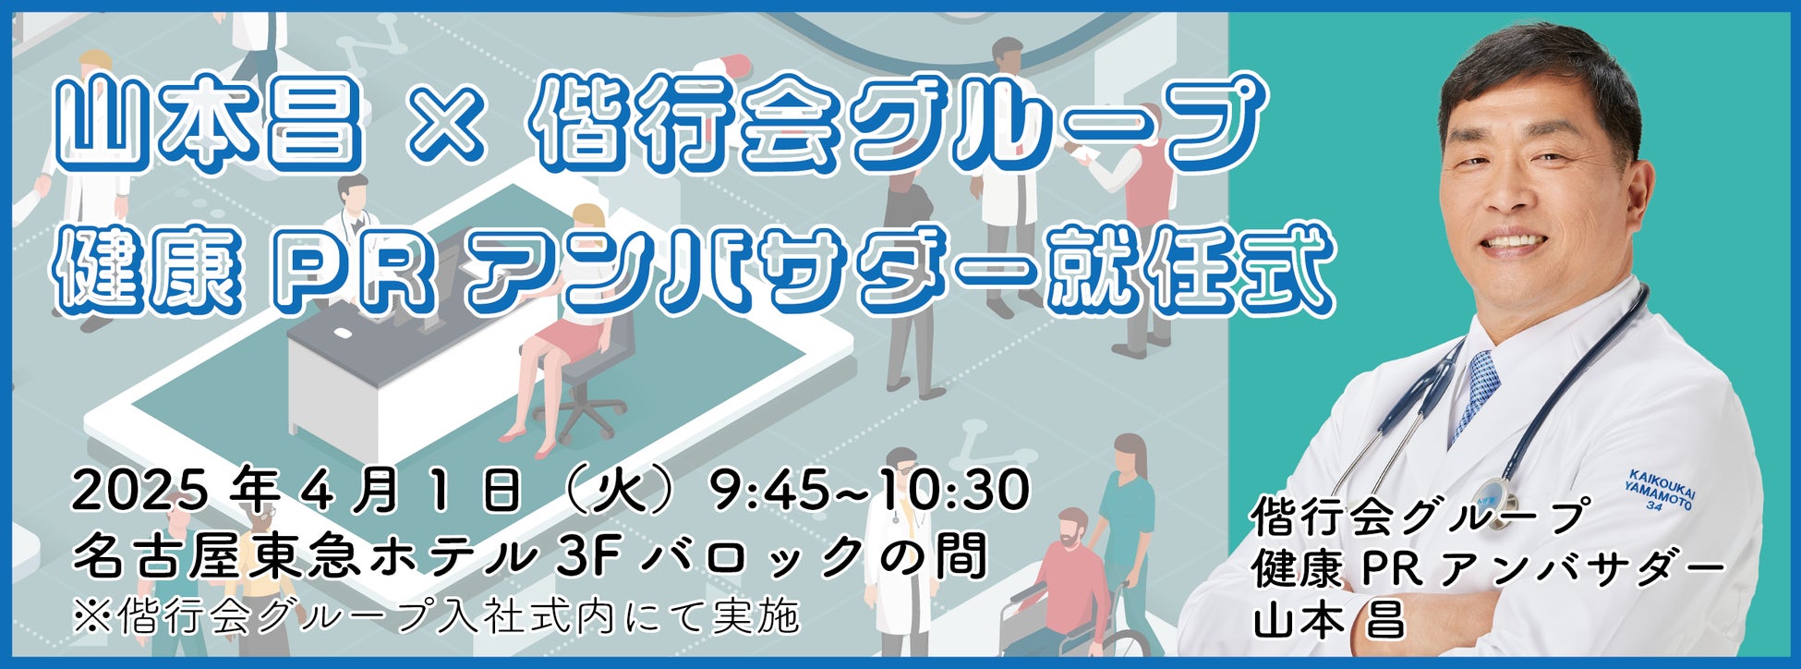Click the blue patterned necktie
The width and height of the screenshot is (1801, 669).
coord(1476,393)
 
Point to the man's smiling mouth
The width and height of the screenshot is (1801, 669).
coord(1514,242)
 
